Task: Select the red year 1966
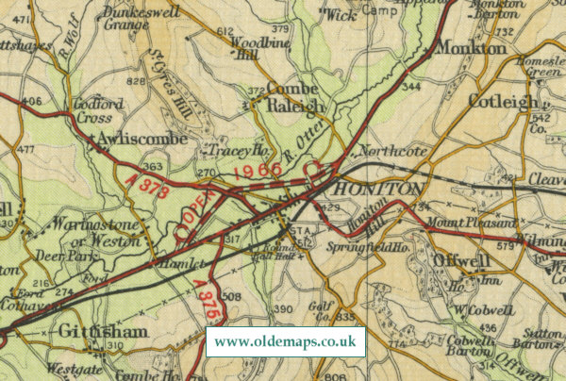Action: [258, 171]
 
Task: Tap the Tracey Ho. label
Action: [230, 151]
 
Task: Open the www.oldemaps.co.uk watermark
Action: [287, 341]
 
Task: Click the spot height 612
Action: [225, 31]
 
